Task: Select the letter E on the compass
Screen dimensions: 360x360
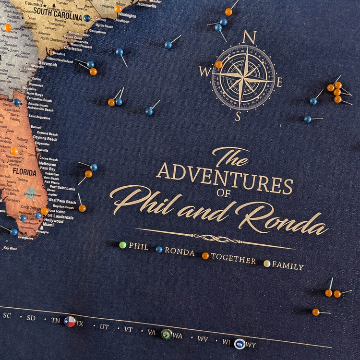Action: point(279,82)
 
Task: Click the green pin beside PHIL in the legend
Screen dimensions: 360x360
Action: point(123,245)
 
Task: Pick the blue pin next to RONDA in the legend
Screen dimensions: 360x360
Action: point(159,250)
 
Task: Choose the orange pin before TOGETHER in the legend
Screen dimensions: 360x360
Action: point(205,256)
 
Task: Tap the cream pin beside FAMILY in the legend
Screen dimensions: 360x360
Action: point(267,263)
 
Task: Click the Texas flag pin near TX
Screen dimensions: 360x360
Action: point(70,322)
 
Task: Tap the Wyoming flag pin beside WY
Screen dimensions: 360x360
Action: point(239,344)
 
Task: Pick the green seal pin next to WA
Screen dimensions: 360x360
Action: point(167,334)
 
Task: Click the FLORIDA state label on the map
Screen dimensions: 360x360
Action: point(24,172)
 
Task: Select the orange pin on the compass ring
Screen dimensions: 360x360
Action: point(218,65)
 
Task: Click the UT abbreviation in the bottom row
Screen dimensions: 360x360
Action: point(104,326)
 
